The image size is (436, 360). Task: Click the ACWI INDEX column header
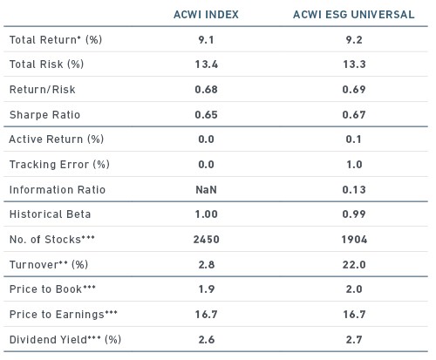[206, 15]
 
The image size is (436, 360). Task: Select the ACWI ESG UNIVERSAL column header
[354, 15]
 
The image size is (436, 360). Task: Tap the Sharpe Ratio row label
[44, 115]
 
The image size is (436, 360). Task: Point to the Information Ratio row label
[58, 190]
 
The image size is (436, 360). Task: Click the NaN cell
[206, 190]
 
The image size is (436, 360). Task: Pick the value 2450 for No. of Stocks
[207, 240]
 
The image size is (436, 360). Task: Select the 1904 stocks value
[354, 240]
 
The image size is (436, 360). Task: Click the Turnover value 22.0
[354, 265]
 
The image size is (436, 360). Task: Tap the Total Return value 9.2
[354, 40]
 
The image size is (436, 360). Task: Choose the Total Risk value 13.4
[207, 65]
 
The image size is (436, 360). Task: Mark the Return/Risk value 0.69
[354, 89]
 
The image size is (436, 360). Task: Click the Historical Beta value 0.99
[354, 214]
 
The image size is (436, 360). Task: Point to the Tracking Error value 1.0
[354, 165]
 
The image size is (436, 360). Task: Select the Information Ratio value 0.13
[354, 190]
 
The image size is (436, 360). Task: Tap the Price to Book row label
[52, 289]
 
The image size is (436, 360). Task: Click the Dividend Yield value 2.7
[354, 339]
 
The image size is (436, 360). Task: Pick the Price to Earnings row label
[64, 315]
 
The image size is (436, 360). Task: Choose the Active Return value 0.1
[354, 139]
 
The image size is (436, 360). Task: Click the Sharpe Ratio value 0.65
[206, 115]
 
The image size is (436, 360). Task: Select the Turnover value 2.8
[207, 265]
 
